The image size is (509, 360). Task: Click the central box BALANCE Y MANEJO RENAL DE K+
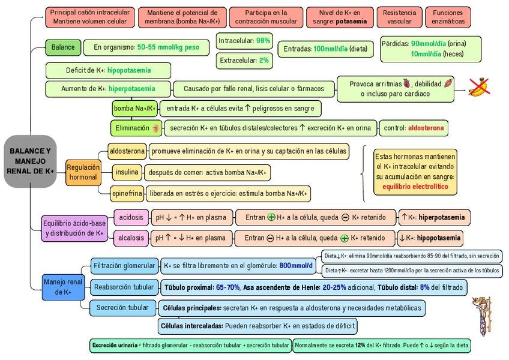(30, 161)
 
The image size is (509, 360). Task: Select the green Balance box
(63, 47)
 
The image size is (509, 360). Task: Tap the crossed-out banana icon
(479, 88)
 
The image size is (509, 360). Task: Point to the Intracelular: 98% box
(244, 41)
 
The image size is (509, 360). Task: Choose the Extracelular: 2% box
(244, 61)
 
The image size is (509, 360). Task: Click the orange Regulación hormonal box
(83, 173)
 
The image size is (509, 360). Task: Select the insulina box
(127, 173)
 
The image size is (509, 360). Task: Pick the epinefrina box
(127, 193)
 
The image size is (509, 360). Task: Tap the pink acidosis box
(131, 217)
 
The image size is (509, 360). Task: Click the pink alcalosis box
(131, 238)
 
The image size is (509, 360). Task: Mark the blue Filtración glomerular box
(123, 265)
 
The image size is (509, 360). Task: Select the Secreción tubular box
(122, 308)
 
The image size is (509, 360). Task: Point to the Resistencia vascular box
(399, 17)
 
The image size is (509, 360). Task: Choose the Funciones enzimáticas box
(448, 17)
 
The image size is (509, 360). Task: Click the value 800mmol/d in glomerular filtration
(296, 266)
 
